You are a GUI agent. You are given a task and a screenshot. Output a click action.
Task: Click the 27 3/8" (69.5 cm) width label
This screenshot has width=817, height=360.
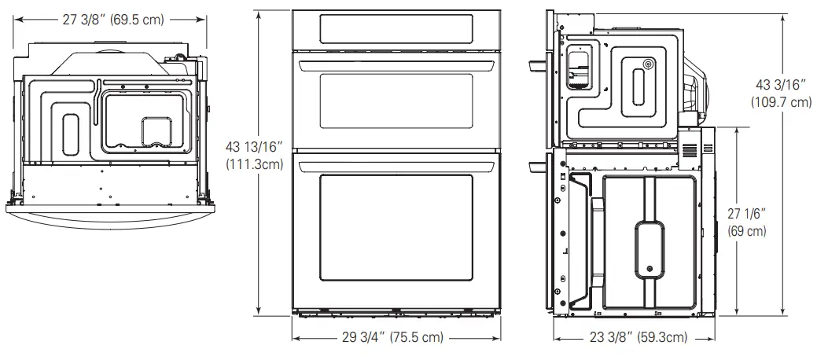(113, 20)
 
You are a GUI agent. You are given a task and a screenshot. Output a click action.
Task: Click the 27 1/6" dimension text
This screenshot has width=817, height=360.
(746, 213)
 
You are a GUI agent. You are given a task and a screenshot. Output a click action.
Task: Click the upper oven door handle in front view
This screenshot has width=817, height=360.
(396, 63)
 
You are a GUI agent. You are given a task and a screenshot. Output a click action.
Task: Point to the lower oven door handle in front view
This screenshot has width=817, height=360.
(396, 163)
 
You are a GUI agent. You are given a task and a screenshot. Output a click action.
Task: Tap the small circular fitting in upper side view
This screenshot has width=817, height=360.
(647, 64)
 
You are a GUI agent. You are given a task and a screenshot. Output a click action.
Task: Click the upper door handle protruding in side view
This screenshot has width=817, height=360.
(539, 64)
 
